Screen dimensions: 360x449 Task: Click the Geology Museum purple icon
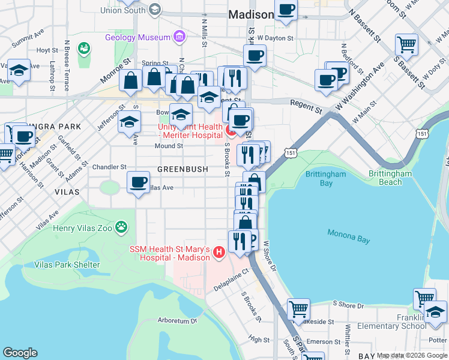coord(179,37)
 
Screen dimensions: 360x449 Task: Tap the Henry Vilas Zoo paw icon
coord(122,227)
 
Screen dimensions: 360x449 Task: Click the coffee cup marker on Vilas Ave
coord(139,181)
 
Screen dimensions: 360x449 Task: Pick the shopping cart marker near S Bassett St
coord(407,45)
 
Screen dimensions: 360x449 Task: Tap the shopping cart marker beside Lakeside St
coord(298,310)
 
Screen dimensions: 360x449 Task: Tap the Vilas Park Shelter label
coord(67,265)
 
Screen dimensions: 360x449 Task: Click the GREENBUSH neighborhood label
coord(182,169)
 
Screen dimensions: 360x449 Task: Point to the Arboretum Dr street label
coord(178,320)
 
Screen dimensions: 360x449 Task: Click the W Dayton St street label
coord(275,38)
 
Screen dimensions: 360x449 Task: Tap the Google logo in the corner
coord(20,352)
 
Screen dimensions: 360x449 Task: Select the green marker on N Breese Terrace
coord(83,47)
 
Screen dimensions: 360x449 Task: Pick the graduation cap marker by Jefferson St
coord(129,122)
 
